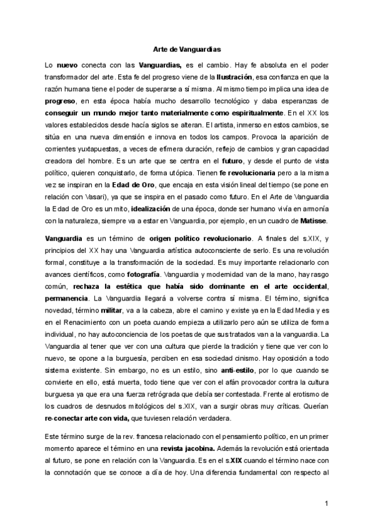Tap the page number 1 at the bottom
pyautogui.click(x=327, y=504)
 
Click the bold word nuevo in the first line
pyautogui.click(x=67, y=64)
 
